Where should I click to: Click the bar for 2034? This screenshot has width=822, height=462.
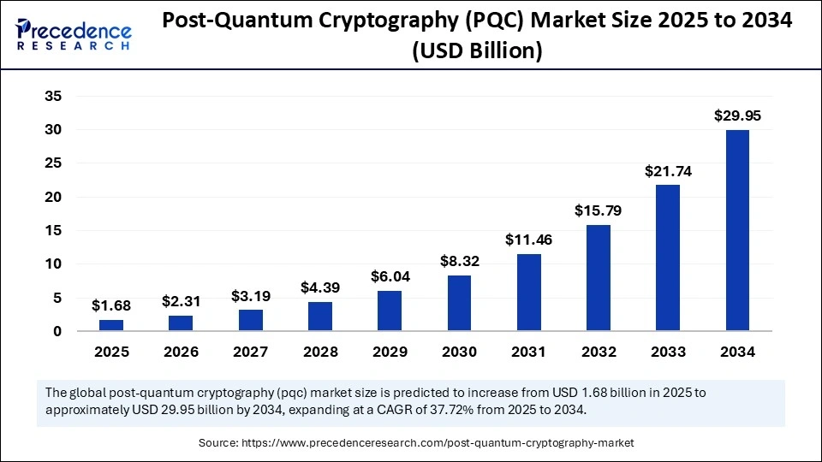click(737, 229)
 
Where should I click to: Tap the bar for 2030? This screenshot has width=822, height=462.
click(459, 303)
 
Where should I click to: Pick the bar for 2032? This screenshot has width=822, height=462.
click(599, 277)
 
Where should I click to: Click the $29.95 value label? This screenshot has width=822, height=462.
click(737, 115)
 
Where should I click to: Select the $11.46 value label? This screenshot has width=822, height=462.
click(529, 240)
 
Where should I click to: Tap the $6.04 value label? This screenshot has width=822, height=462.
click(389, 276)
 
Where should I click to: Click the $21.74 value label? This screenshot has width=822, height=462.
click(668, 171)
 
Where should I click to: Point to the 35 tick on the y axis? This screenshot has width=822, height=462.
click(53, 97)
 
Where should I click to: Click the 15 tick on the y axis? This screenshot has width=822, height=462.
click(53, 231)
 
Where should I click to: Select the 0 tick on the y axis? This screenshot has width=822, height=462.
click(57, 331)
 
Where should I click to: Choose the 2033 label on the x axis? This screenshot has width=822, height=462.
click(668, 352)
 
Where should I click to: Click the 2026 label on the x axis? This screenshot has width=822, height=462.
click(180, 352)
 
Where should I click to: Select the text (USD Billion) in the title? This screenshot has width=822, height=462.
click(477, 50)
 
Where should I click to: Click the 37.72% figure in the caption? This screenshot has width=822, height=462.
click(530, 410)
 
